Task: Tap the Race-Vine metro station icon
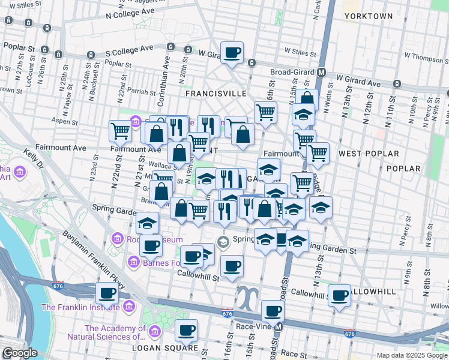278,328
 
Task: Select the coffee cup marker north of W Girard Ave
232,52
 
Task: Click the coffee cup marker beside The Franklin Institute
107,293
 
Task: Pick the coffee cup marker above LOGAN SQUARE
186,329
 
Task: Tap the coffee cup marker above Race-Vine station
273,311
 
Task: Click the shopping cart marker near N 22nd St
121,130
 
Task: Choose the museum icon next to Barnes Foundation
134,262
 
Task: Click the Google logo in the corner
20,353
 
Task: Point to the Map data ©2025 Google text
411,355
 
